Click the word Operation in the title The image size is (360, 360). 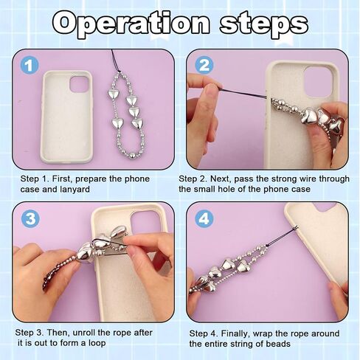coord(132,24)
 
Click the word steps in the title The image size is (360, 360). coord(263,24)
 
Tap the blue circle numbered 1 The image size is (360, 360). coord(30,66)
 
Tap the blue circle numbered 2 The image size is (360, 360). coord(204,65)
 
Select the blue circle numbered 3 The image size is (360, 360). coord(30,218)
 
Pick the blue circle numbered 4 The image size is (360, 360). coord(204,218)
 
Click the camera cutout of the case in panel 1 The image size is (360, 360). coord(79,83)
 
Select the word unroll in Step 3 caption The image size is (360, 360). coord(84,333)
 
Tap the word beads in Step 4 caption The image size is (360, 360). coord(279,344)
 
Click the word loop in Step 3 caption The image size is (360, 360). coord(97,343)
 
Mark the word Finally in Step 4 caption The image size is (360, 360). coord(235,333)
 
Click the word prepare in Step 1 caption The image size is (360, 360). coord(91,179)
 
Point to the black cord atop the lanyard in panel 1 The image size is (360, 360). coord(116,60)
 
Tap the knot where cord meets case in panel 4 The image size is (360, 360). coord(296,228)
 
